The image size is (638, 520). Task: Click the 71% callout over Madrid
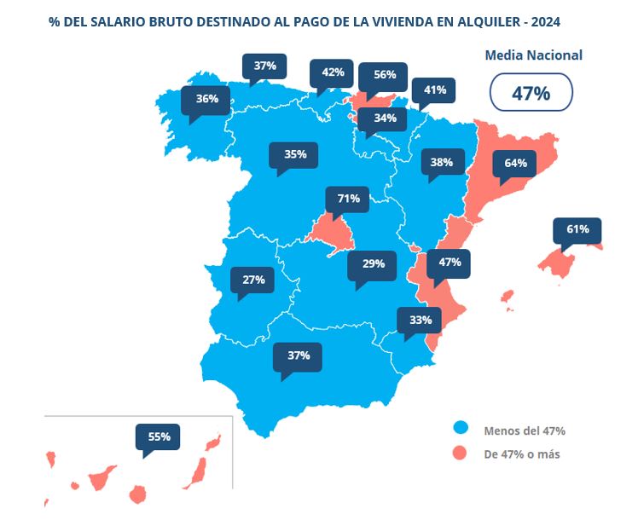coord(348,199)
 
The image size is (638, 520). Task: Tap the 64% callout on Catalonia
coord(515,163)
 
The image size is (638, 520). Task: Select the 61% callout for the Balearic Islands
coord(577,230)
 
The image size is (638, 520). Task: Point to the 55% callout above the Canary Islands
coord(159,436)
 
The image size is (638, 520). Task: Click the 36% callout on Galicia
coord(206,99)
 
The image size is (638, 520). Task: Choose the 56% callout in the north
coord(384,75)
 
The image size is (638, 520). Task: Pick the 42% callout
coord(333,72)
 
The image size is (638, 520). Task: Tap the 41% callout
coord(435,90)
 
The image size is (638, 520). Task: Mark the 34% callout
coord(384,118)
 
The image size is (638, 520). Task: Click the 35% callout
coord(295,154)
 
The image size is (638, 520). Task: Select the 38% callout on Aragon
coord(441,162)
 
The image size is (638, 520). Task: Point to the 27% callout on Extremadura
coord(253,280)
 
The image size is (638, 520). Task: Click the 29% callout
coord(373,264)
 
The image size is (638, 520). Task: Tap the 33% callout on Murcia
coord(420,321)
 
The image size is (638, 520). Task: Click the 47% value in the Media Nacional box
coord(531,94)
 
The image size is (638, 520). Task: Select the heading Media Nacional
coord(533,55)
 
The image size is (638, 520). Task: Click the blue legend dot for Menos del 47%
coord(461,429)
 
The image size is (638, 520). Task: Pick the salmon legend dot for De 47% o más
coord(461,454)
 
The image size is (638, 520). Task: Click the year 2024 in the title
coord(545,19)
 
